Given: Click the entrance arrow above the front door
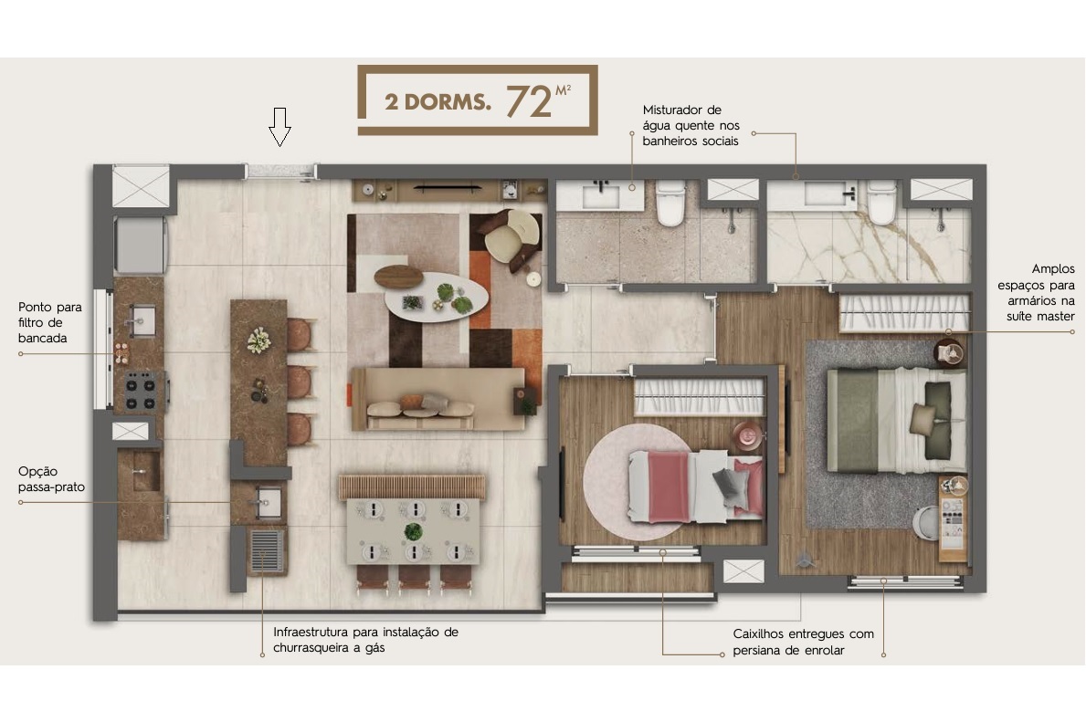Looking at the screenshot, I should [x=279, y=126].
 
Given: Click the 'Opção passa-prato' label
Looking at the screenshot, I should [x=51, y=479].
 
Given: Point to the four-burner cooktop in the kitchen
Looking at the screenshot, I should [x=142, y=391].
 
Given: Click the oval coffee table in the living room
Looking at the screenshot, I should [x=436, y=294].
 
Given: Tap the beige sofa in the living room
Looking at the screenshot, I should [x=438, y=398].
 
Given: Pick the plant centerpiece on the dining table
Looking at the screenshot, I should [x=414, y=530].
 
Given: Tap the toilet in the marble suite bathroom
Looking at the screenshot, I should [x=881, y=204].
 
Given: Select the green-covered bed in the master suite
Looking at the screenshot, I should [x=895, y=419].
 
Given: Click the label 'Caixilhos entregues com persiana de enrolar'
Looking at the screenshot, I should [x=803, y=642].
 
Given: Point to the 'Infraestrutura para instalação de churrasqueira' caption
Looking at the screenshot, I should [x=365, y=640].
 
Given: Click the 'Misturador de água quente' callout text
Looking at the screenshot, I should [x=689, y=125].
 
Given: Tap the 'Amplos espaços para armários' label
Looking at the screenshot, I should [x=1040, y=292].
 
